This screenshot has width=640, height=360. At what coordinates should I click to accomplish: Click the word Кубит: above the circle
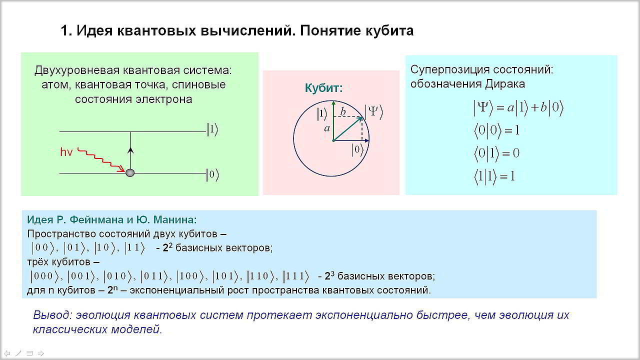coord(323,88)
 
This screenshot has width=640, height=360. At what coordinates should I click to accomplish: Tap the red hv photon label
coord(66,152)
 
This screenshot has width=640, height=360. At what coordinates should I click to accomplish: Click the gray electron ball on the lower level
coord(130,173)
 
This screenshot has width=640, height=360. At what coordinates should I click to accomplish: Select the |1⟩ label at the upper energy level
coord(213,129)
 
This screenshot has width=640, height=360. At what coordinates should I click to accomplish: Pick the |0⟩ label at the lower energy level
coord(213,174)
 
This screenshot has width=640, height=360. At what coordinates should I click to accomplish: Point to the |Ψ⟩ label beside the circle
coord(374,112)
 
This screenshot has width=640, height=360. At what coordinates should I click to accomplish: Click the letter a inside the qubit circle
coord(327,128)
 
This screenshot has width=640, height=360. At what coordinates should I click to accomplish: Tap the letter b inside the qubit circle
coord(343,111)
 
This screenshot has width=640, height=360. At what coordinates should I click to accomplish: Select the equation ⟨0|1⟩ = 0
coord(497,153)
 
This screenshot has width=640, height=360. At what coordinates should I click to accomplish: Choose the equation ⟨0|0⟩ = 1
coord(497,130)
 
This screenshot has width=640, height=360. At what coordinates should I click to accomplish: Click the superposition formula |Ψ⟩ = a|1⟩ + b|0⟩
coord(518,107)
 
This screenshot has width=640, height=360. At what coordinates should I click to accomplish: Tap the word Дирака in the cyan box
coord(505,84)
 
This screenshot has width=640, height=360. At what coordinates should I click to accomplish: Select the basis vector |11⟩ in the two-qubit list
coord(135,247)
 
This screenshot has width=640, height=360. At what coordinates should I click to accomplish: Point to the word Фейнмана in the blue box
coord(96,219)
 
